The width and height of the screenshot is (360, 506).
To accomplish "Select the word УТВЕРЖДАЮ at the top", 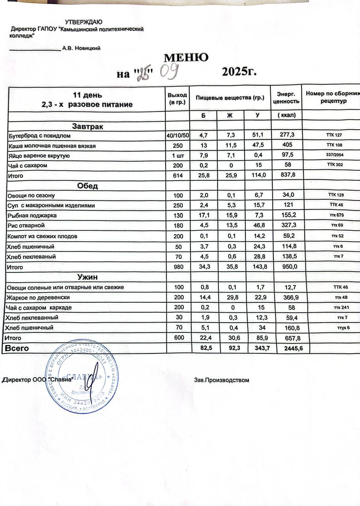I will point(84,22).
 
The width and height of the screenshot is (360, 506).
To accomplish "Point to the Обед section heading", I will point(87,186).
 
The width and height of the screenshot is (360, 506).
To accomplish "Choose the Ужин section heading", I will point(87,277).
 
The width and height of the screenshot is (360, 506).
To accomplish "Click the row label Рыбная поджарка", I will point(32,216).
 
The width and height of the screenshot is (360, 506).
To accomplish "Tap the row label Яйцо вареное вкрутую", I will point(39,156).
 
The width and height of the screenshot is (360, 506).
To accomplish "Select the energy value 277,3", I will point(286,136).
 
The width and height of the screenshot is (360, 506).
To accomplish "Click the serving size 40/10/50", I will point(178,136).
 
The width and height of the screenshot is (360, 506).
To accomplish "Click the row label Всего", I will point(16,348).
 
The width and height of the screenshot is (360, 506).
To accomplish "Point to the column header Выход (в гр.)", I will point(177,99).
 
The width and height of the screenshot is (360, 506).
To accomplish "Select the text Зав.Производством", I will point(222,380).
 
